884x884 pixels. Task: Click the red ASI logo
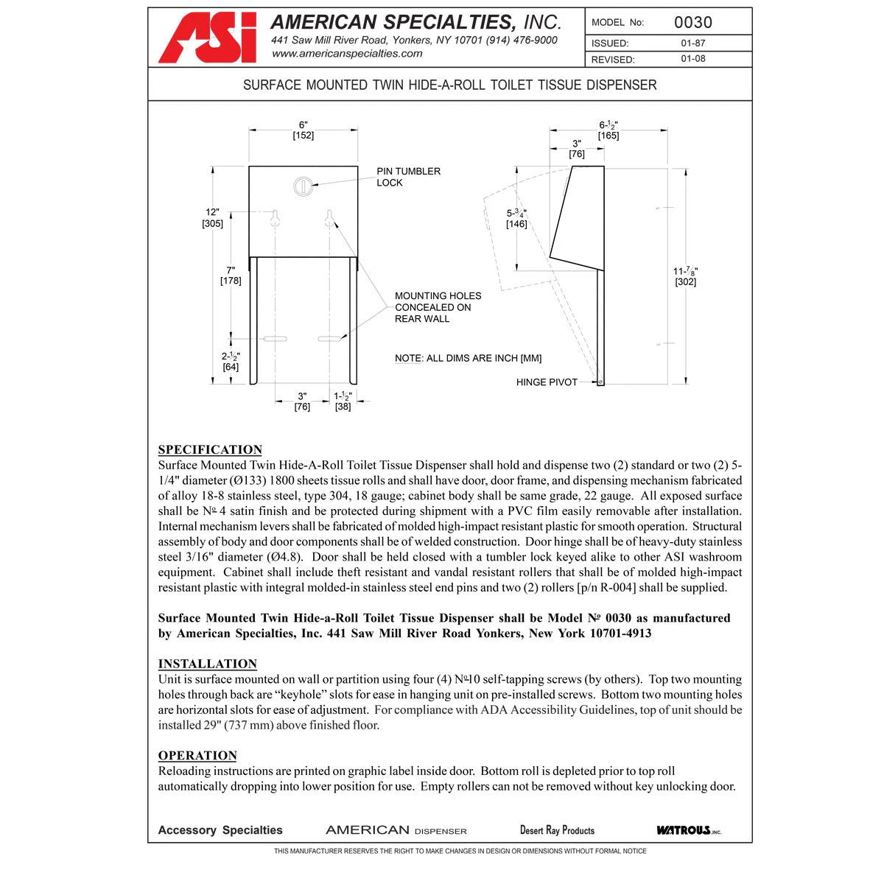(x=208, y=38)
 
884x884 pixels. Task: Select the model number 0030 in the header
(x=692, y=22)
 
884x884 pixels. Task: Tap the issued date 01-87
(x=692, y=43)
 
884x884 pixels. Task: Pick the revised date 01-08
(x=692, y=59)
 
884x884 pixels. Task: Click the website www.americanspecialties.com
(x=347, y=54)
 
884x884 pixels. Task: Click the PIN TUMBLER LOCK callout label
(x=408, y=177)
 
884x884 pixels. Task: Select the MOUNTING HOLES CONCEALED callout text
(x=438, y=307)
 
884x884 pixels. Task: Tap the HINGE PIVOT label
(x=547, y=382)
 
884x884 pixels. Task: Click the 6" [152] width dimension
(x=303, y=130)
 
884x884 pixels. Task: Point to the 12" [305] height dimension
(x=212, y=218)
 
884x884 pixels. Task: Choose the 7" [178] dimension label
(x=231, y=276)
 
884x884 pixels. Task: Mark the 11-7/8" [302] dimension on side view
(x=685, y=276)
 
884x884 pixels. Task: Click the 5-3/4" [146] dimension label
(x=516, y=218)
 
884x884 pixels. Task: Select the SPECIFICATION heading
(x=210, y=449)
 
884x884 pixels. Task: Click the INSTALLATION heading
(x=208, y=664)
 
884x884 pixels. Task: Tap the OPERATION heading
(x=197, y=755)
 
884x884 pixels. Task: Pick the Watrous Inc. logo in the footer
(x=688, y=830)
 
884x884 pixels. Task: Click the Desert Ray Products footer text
(x=557, y=830)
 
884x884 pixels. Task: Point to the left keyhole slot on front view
(x=276, y=219)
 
